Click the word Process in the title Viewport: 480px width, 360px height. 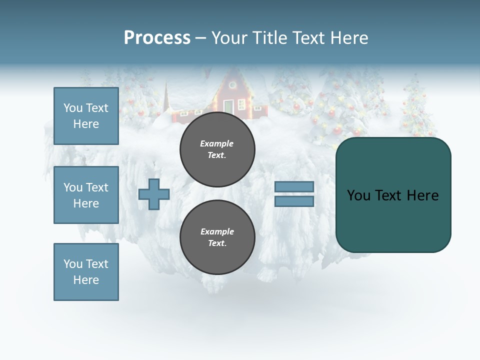point(157,38)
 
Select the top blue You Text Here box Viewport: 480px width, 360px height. point(86,116)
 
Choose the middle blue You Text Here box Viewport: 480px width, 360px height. point(86,195)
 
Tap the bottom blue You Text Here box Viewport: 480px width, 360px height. point(86,272)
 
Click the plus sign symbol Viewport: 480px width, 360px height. point(154,194)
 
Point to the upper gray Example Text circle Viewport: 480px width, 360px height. point(217,149)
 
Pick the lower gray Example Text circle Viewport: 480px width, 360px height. point(217,237)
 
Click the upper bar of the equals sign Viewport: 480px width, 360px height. point(294,186)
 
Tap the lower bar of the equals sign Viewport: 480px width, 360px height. point(294,201)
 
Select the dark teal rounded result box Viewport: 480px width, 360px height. point(393,220)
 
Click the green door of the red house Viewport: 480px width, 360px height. point(228,106)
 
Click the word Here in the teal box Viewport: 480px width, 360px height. point(423,195)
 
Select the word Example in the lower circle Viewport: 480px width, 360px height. point(217,231)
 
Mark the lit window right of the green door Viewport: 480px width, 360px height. point(242,104)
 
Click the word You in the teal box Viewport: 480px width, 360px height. point(358,195)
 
